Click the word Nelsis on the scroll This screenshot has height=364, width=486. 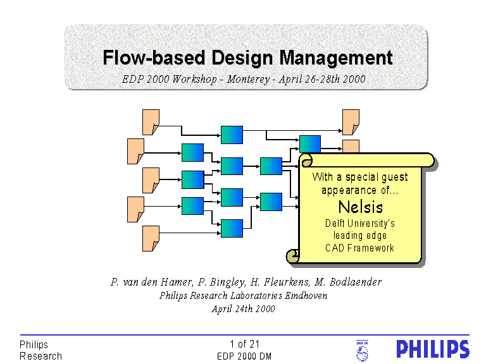(x=360, y=207)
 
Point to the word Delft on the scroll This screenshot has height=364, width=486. (x=337, y=223)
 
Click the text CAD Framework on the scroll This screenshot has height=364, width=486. (x=359, y=248)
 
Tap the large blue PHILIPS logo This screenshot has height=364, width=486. (x=432, y=349)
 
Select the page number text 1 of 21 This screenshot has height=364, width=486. (x=245, y=344)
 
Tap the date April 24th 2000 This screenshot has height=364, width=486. (x=243, y=308)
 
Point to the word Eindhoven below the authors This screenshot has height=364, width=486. (x=306, y=295)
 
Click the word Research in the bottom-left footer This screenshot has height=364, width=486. (x=41, y=356)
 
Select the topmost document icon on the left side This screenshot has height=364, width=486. (x=151, y=121)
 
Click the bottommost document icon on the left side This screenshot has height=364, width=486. (x=151, y=238)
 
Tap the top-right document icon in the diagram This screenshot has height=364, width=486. (x=351, y=121)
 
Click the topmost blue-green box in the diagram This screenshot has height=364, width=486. (x=232, y=134)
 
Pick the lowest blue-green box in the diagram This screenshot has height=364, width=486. (x=232, y=227)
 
